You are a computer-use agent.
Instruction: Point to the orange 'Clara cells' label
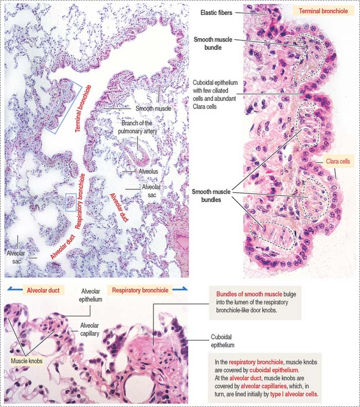point(338,162)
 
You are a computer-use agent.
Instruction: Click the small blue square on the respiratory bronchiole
point(70,203)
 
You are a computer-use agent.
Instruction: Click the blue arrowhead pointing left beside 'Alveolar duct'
point(9,289)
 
